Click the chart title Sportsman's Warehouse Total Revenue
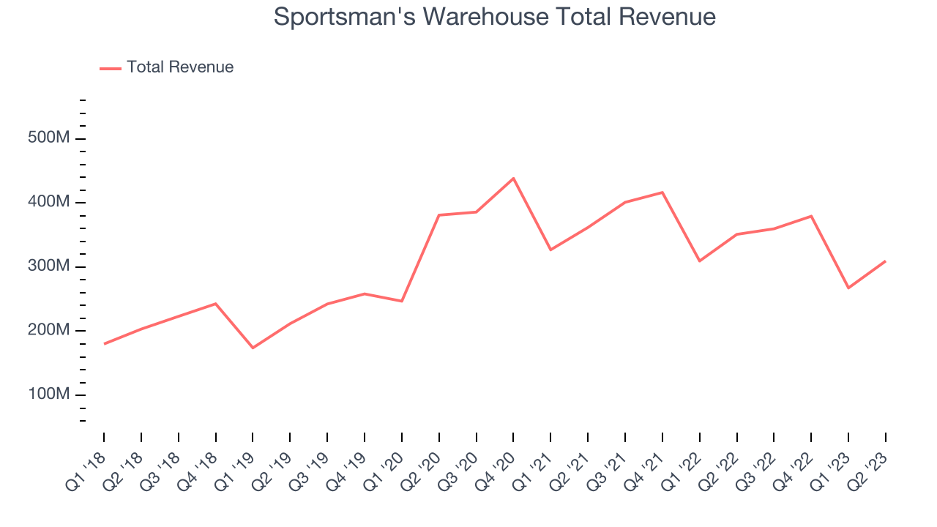pos(494,16)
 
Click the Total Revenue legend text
pos(180,67)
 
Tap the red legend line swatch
pos(111,68)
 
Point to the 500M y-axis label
pos(49,138)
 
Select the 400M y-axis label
pos(49,202)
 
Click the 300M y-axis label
pos(49,266)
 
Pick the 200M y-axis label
pos(49,330)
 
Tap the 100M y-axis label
pos(49,395)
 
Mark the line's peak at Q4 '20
pos(513,178)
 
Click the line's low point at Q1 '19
pos(253,348)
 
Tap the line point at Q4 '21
pos(662,193)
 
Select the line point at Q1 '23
pos(848,288)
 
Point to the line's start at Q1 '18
pos(104,344)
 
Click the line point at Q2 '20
pos(438,215)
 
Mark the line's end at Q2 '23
pos(886,261)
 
